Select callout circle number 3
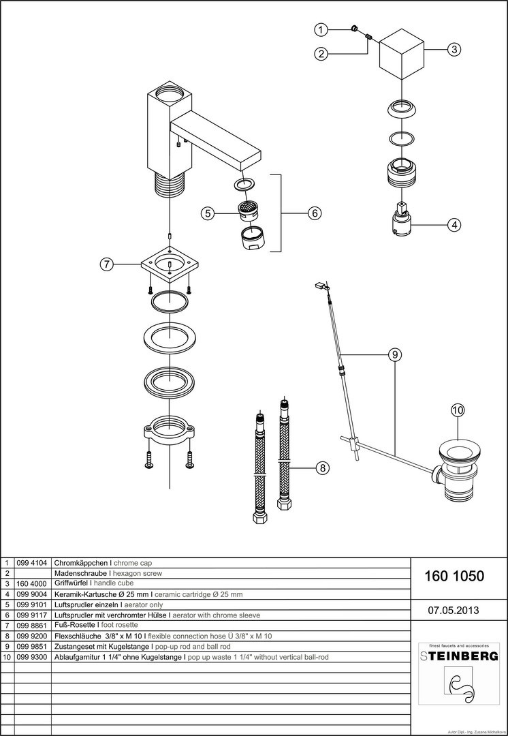[454, 49]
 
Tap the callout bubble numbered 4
[454, 224]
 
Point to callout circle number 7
[106, 265]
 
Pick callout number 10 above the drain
[456, 410]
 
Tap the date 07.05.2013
[454, 610]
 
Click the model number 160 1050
[454, 577]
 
